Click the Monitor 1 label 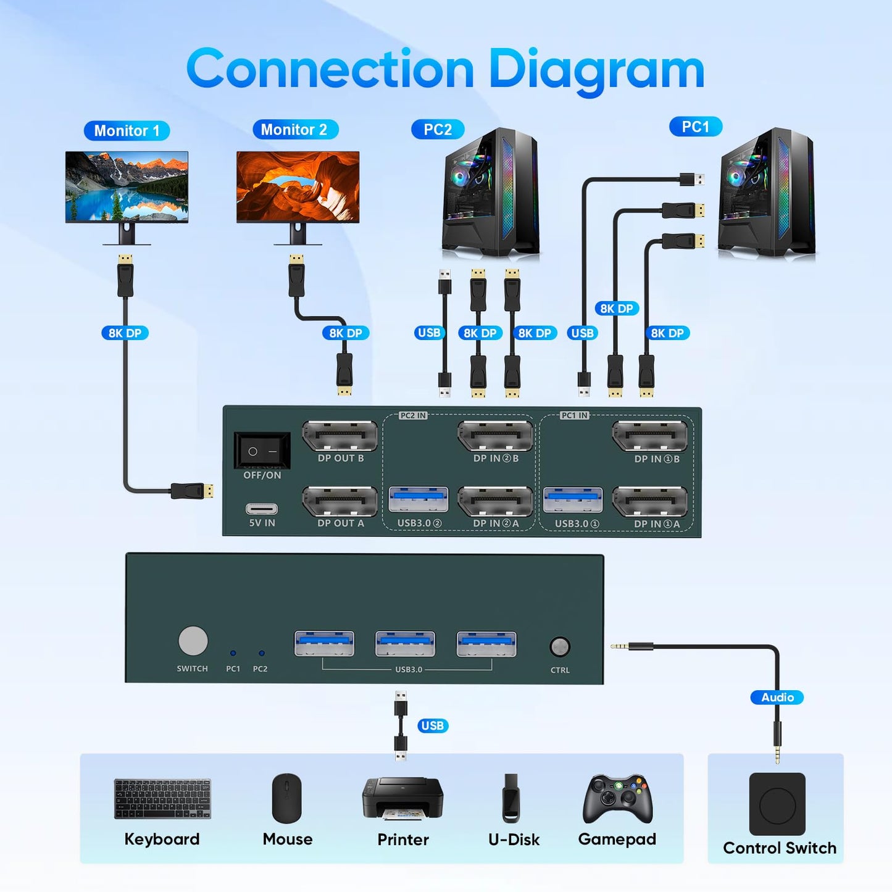click(127, 131)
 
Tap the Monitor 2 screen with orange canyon click(298, 186)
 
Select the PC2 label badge click(437, 130)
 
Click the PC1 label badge click(695, 127)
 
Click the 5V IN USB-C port click(262, 509)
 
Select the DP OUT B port click(340, 437)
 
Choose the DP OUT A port click(340, 502)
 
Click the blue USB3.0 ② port click(419, 500)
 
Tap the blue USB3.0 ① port click(573, 500)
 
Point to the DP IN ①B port click(649, 437)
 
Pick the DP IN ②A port click(495, 502)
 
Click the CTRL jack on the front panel click(560, 647)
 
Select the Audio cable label click(777, 698)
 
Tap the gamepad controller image click(617, 799)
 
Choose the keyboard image click(162, 799)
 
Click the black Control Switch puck click(777, 804)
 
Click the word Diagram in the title click(596, 70)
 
